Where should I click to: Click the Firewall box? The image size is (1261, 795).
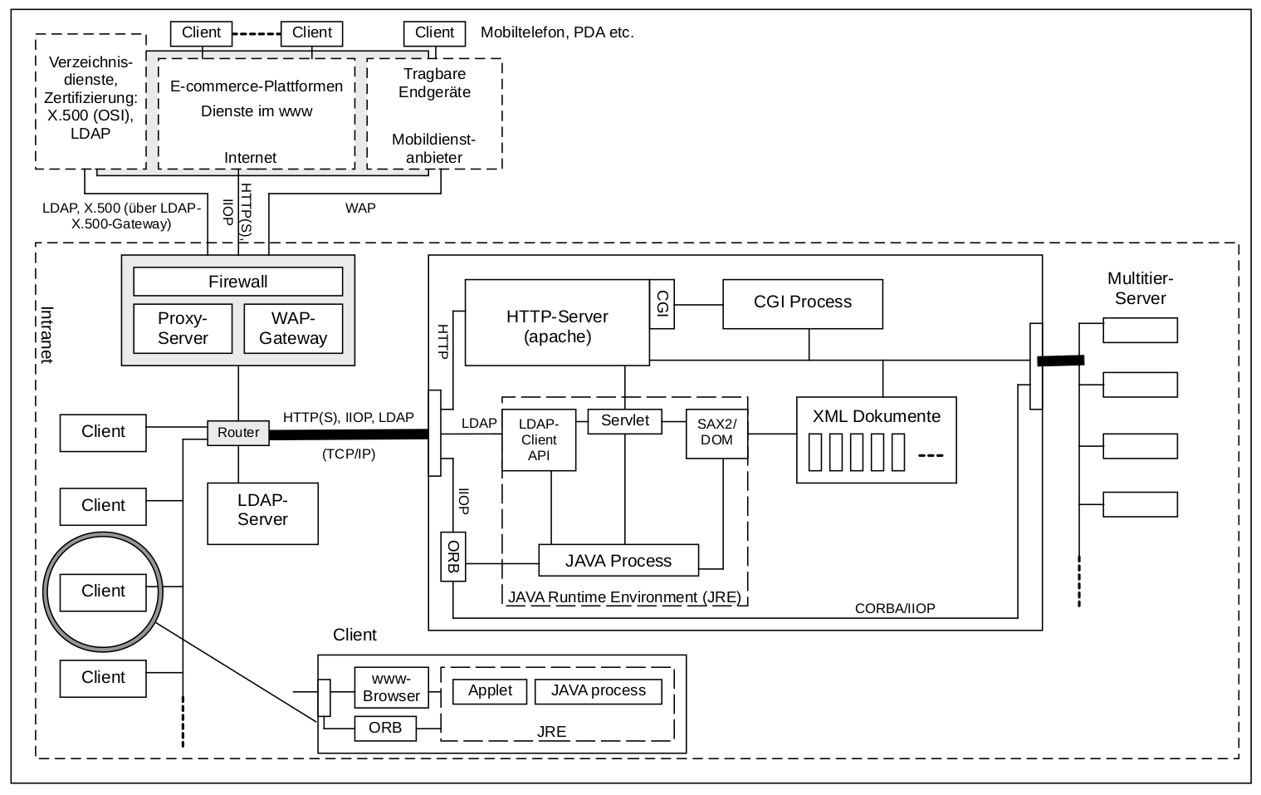tap(237, 282)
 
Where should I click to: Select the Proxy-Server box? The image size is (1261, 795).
tap(183, 328)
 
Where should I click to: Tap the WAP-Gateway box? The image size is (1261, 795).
tap(293, 328)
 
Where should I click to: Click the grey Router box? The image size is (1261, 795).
tap(238, 433)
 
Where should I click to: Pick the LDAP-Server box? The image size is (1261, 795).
tap(262, 510)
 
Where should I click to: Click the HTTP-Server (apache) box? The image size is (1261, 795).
tap(557, 326)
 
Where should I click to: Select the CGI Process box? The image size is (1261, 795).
tap(802, 302)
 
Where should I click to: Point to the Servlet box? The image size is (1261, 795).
tap(624, 420)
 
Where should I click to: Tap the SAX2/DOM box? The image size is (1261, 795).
tap(716, 432)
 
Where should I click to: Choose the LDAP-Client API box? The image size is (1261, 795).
tap(539, 439)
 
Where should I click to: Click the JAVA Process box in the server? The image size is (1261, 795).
tap(618, 561)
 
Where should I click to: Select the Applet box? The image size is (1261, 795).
tap(490, 690)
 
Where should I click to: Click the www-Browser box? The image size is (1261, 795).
tap(391, 688)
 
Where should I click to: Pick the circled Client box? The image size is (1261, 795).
tap(103, 591)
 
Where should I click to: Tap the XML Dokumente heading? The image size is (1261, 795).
tap(876, 416)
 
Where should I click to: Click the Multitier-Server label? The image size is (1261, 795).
tap(1140, 288)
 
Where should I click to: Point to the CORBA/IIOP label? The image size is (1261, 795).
tap(895, 609)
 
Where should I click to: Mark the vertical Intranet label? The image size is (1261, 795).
tap(47, 335)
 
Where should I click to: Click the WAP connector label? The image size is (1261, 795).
tap(360, 208)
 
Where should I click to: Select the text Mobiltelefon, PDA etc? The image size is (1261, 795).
tap(557, 33)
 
